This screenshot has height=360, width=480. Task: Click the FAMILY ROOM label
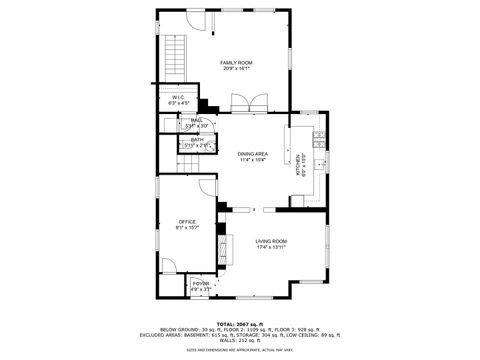pos(236,62)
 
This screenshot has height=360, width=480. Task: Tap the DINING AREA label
pos(252,153)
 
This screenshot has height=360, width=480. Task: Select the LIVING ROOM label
pos(271,240)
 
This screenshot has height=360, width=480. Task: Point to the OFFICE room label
pos(187,221)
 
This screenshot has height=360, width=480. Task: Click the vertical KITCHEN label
pos(297,164)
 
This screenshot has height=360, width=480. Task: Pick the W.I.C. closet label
pos(178,96)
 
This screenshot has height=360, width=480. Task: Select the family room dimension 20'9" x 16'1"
pos(236,70)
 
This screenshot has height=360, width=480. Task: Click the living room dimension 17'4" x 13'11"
pos(271,247)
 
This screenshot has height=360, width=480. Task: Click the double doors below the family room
pos(243,104)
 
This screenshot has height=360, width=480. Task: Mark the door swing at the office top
pos(206,186)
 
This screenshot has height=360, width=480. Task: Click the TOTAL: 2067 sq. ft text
pos(240,323)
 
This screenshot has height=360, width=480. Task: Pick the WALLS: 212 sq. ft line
pos(240,340)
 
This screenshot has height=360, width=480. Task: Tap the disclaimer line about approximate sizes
pos(240,350)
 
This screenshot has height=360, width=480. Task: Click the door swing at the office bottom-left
pos(171,265)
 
